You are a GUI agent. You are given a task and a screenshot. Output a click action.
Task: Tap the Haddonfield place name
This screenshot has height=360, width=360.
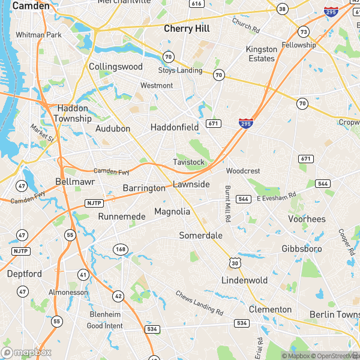pyautogui.click(x=174, y=127)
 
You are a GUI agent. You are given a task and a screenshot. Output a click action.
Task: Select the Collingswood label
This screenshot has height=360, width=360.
pyautogui.click(x=115, y=67)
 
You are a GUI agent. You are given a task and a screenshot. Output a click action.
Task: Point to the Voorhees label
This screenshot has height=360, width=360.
pyautogui.click(x=307, y=219)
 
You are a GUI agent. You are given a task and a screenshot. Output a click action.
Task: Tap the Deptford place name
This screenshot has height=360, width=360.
pyautogui.click(x=24, y=274)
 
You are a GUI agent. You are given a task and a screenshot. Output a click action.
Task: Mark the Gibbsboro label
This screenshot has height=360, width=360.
pyautogui.click(x=302, y=248)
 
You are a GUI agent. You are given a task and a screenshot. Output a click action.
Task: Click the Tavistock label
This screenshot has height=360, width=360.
pyautogui.click(x=188, y=163)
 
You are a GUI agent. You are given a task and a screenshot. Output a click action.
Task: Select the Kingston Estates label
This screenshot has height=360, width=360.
pyautogui.click(x=261, y=54)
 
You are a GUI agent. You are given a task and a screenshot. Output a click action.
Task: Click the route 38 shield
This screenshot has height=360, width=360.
pyautogui.click(x=282, y=10)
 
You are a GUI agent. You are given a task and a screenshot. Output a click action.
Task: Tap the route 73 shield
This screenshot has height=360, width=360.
pyautogui.click(x=304, y=32)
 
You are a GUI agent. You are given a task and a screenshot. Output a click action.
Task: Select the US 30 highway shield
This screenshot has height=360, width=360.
pyautogui.click(x=234, y=262)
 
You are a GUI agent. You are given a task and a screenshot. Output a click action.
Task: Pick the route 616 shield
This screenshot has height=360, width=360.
pyautogui.click(x=196, y=4)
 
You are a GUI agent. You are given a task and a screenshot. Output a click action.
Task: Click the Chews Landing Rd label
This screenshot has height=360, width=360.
pyautogui.click(x=199, y=304)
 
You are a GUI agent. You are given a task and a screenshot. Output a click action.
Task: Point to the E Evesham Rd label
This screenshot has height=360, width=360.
pyautogui.click(x=277, y=196)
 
